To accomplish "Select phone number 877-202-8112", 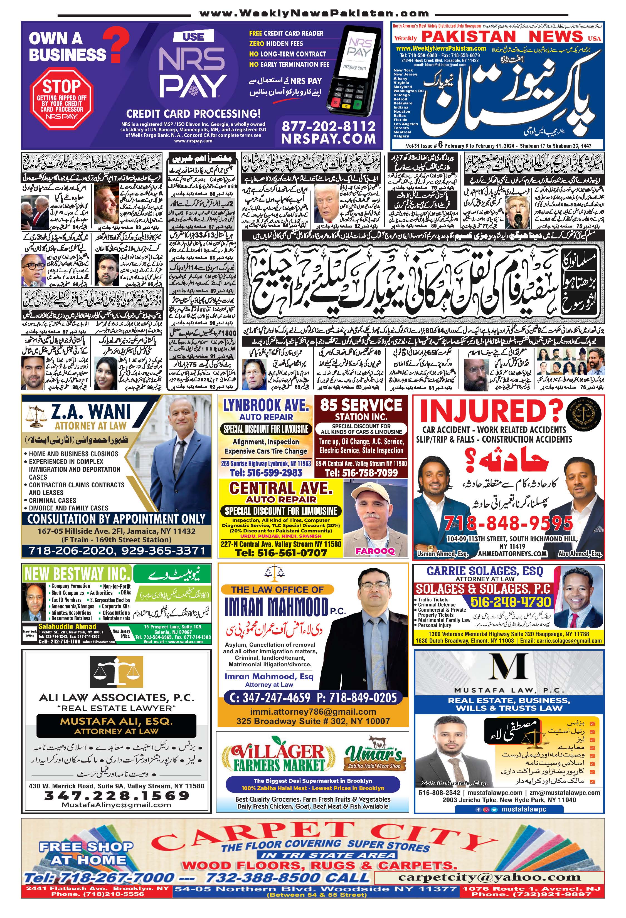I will [329, 126].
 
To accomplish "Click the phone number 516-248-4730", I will [510, 602].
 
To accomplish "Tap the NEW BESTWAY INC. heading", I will [77, 574].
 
